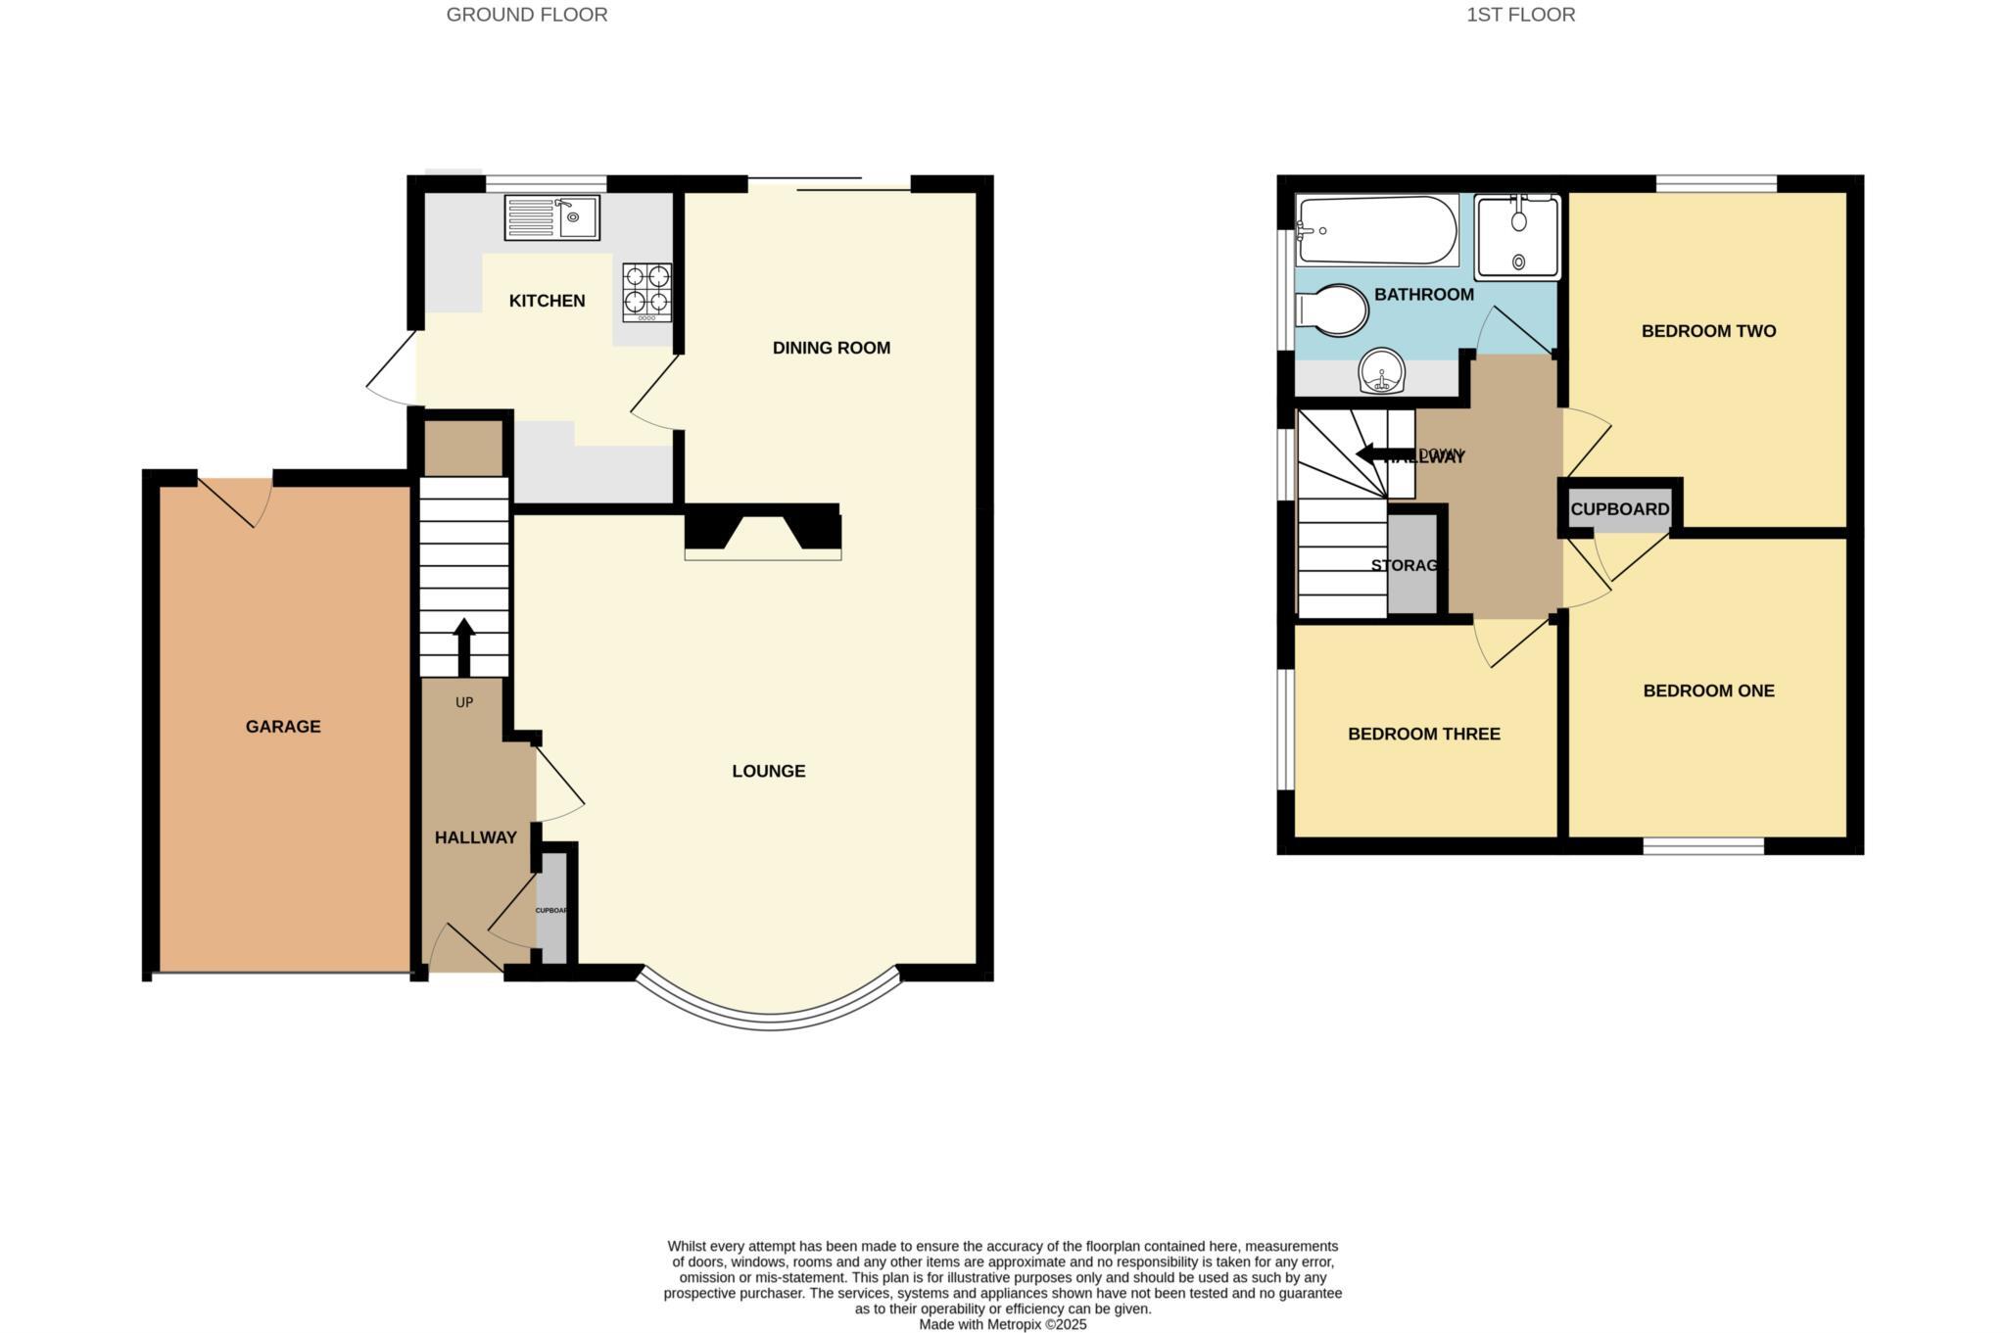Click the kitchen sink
tap(551, 217)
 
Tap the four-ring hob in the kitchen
tap(647, 291)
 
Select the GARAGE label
tap(283, 727)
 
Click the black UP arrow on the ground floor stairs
tap(464, 645)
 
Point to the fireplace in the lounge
tap(762, 533)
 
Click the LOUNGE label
tap(769, 772)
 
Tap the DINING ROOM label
tap(832, 348)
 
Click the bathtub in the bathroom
tap(1376, 230)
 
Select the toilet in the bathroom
tap(1331, 310)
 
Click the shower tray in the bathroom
tap(1517, 236)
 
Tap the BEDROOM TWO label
tap(1708, 331)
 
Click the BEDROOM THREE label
tap(1423, 735)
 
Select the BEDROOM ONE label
tap(1708, 691)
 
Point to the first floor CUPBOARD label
tap(1620, 509)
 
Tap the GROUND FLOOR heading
tap(527, 15)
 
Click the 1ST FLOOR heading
tap(1520, 15)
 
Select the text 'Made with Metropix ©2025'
tap(1002, 1324)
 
